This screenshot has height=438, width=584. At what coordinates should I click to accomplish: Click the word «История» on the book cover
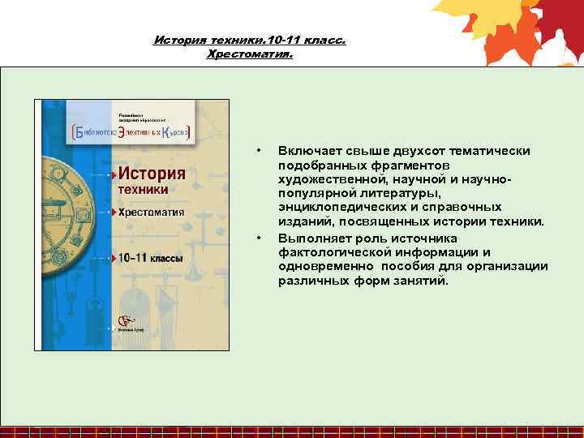click(x=152, y=174)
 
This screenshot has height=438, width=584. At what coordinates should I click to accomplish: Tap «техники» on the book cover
click(x=144, y=189)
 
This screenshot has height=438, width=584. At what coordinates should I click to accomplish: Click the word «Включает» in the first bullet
click(x=307, y=152)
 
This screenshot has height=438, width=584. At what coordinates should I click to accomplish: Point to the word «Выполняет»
click(x=312, y=238)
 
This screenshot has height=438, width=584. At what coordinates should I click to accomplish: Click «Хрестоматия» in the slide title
click(x=249, y=54)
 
